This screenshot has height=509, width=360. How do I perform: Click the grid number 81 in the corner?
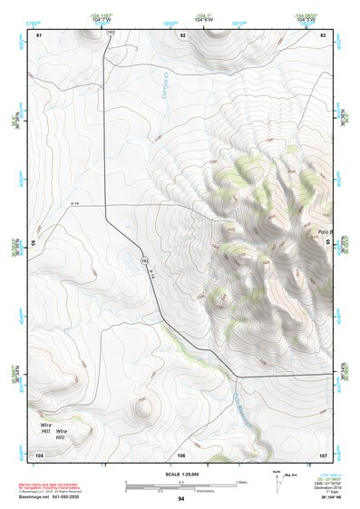pyautogui.click(x=39, y=34)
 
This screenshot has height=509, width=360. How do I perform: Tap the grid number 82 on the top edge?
pyautogui.click(x=182, y=34)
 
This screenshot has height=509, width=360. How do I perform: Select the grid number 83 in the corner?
pyautogui.click(x=323, y=34)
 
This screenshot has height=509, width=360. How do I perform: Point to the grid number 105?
pyautogui.click(x=39, y=454)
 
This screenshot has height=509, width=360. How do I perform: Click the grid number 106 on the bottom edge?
pyautogui.click(x=181, y=454)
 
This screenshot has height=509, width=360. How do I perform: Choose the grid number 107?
pyautogui.click(x=323, y=454)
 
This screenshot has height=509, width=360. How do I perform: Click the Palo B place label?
pyautogui.click(x=326, y=232)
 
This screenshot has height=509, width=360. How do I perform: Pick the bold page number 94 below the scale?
pyautogui.click(x=181, y=500)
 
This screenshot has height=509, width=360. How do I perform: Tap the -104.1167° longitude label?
pyautogui.click(x=101, y=15)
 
